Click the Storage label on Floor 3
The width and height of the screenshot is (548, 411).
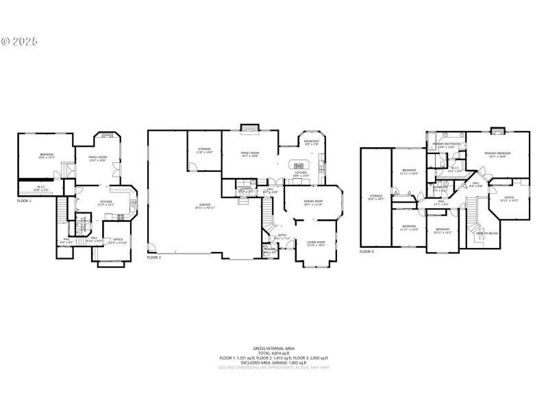tap(376, 197)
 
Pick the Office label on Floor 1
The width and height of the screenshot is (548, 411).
tap(118, 240)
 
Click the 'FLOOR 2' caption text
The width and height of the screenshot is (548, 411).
tap(154, 258)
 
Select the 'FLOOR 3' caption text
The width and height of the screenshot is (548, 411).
tap(367, 251)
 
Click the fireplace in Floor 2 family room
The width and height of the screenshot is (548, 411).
tap(249, 127)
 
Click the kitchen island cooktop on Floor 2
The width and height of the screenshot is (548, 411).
tap(299, 165)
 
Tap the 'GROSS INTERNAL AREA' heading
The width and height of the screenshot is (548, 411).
tap(273, 349)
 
